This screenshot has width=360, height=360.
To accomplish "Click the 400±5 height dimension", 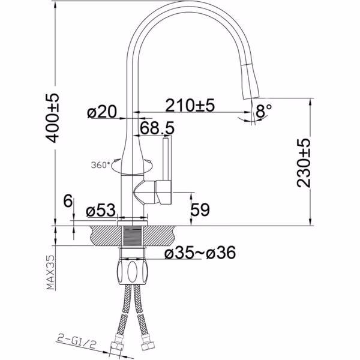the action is click(x=52, y=118).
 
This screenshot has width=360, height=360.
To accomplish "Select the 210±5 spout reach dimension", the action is click(x=190, y=106).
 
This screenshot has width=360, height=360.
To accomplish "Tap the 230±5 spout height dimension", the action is click(x=303, y=163).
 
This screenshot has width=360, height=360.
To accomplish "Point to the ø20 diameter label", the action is click(x=102, y=112).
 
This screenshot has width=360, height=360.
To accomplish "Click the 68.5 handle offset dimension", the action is click(x=157, y=128).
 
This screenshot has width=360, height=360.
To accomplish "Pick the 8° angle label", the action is click(x=263, y=111).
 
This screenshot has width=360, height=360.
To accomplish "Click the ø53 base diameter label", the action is click(x=101, y=210).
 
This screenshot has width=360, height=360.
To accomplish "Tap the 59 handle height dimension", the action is click(x=200, y=209).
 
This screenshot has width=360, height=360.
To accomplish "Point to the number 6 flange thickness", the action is click(x=68, y=200).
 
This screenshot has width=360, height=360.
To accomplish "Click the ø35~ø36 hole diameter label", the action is click(x=200, y=253).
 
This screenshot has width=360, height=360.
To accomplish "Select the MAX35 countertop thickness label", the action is click(x=51, y=272).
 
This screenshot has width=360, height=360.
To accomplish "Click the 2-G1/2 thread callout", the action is click(x=76, y=342).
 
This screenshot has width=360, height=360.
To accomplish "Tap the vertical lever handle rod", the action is click(x=167, y=159).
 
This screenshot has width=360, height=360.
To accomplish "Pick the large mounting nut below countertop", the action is click(x=132, y=271).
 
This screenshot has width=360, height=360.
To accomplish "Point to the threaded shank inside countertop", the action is click(x=132, y=236).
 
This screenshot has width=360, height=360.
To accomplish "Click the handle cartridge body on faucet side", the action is click(x=152, y=192).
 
